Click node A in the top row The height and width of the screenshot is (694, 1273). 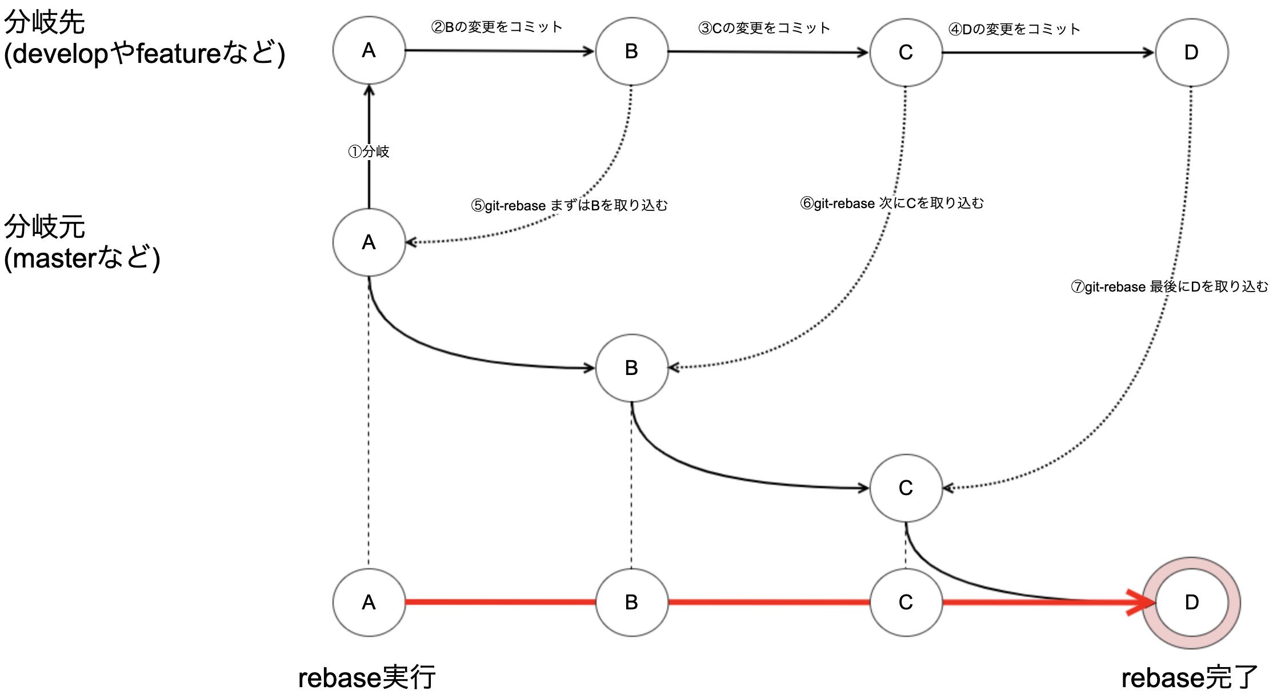369,50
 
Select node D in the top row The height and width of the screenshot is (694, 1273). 1191,53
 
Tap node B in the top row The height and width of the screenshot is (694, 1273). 631,51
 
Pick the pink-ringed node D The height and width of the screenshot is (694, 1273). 1191,603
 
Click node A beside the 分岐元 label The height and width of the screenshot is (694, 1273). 369,242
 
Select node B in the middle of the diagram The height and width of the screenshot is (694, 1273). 631,368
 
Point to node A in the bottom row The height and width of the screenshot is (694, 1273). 369,603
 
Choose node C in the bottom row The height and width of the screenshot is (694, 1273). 906,603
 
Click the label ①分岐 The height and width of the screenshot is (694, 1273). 369,151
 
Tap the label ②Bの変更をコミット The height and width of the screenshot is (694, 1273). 497,27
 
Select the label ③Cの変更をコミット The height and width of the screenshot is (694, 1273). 764,28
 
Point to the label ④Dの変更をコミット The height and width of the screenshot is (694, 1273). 1014,29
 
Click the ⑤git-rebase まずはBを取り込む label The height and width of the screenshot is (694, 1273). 569,205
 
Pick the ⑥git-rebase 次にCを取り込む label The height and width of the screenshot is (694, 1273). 892,203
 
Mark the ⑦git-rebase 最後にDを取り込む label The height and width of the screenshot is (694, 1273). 1169,286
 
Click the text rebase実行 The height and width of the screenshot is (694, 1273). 367,678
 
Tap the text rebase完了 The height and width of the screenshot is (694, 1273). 1190,678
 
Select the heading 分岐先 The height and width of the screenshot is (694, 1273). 45,23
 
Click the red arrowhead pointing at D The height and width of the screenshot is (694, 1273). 1142,603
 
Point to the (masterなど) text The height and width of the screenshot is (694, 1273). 82,258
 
